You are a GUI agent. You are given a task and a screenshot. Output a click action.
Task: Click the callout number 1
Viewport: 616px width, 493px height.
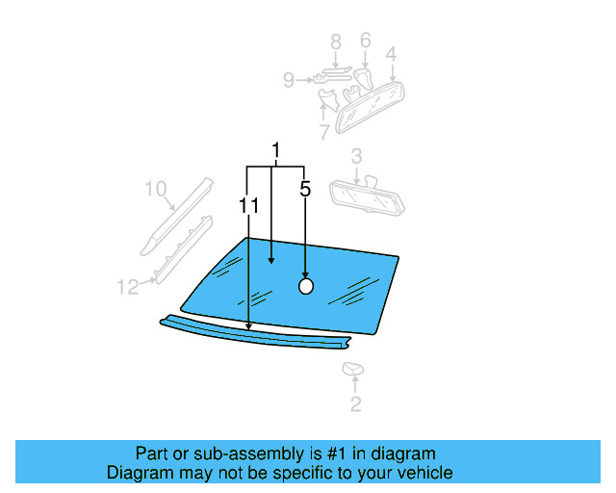click(276, 152)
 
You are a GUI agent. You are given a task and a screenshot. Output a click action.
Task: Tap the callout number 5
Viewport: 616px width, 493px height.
click(305, 190)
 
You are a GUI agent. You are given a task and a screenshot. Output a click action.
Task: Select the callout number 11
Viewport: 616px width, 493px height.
click(249, 205)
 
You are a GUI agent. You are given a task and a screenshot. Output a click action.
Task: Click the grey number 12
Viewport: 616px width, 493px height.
click(128, 286)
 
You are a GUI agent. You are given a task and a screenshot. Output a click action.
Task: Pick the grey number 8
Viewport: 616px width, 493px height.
click(336, 41)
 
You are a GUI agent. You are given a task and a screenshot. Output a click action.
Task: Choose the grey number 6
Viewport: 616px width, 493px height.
click(366, 40)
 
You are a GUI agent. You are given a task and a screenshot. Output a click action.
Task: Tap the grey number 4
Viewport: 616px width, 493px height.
click(392, 55)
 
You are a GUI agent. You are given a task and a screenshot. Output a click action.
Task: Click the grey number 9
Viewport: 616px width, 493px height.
click(289, 81)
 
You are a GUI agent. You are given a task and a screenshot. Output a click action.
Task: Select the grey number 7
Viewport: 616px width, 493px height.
click(324, 132)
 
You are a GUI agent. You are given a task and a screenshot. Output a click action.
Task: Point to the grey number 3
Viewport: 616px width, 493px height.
click(356, 157)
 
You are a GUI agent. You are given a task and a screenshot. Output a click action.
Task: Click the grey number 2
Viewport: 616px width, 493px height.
click(355, 405)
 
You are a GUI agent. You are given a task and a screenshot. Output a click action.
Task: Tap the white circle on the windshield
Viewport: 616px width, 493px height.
click(306, 286)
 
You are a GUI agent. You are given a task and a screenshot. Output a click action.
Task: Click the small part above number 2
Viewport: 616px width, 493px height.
click(352, 369)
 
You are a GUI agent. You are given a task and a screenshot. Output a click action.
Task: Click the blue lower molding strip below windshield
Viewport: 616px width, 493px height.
click(260, 333)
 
